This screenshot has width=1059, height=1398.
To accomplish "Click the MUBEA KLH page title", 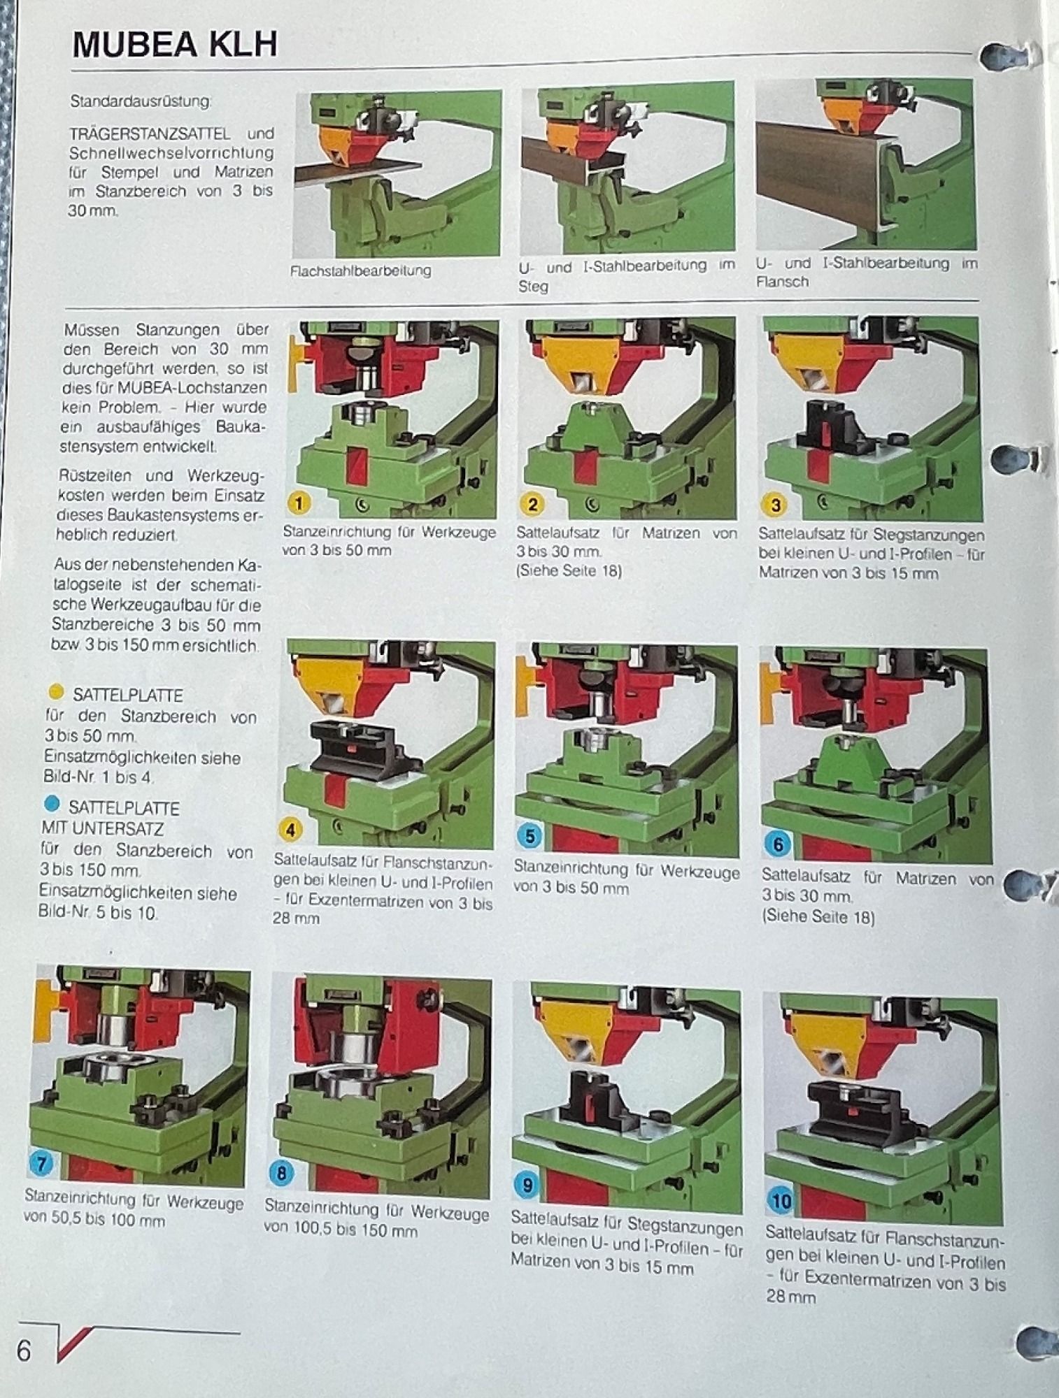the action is [175, 45].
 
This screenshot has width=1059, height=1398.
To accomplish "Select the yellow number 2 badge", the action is [532, 503].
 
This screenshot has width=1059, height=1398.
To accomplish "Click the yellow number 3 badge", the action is [774, 505].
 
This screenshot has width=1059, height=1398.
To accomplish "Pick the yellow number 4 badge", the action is [290, 830].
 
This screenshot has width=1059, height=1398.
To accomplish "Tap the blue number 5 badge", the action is [530, 836].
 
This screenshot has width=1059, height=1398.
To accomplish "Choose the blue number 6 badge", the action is [778, 844].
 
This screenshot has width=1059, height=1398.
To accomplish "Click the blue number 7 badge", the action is [42, 1164].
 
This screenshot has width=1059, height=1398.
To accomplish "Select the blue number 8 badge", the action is [281, 1172].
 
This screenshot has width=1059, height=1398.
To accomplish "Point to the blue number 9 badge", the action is [527, 1184].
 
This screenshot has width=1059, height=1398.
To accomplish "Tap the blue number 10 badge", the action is [781, 1201].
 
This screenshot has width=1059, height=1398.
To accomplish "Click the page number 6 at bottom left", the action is [24, 1352].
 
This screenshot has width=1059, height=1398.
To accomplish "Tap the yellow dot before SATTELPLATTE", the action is [56, 693].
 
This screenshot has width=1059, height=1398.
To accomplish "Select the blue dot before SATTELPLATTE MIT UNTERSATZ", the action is [52, 804].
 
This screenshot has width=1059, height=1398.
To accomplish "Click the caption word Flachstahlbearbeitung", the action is [361, 271].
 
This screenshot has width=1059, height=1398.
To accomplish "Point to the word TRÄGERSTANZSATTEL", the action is [150, 133].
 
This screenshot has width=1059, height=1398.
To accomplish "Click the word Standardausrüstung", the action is [141, 101].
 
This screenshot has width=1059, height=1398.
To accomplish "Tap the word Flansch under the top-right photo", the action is [782, 282].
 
